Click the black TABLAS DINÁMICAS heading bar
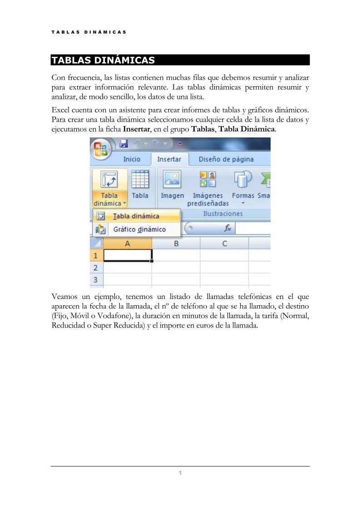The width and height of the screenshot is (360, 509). click(180, 60)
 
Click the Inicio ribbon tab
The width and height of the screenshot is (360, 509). click(132, 159)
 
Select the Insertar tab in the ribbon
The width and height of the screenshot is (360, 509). click(169, 159)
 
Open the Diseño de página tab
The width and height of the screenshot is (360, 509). click(226, 159)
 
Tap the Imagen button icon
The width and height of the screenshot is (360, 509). click(172, 180)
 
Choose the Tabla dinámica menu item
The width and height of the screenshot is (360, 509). click(136, 216)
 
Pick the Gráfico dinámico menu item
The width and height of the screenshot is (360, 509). click(139, 230)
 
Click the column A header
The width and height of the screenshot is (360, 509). click(128, 244)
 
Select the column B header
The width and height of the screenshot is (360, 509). click(176, 244)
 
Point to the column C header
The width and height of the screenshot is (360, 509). click(224, 244)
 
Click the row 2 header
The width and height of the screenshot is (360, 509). click(96, 268)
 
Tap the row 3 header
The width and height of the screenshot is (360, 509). click(96, 279)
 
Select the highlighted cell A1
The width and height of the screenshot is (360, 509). click(128, 255)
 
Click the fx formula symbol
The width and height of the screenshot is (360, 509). click(228, 229)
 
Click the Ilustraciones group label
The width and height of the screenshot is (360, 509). click(222, 214)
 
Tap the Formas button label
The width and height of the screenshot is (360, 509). click(243, 196)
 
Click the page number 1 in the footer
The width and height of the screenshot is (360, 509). click(180, 474)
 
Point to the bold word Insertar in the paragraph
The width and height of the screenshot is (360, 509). click(137, 129)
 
